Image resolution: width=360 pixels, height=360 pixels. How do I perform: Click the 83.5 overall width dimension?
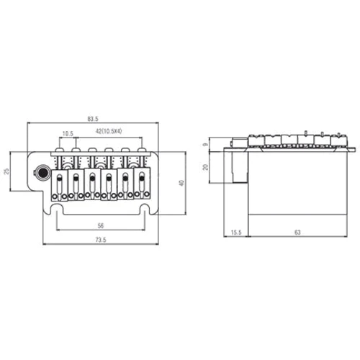point(93,119)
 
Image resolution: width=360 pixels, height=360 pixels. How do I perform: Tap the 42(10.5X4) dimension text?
point(109,131)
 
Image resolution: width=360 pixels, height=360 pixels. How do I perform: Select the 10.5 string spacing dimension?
point(68,134)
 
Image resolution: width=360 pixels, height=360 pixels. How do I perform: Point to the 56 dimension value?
point(101,225)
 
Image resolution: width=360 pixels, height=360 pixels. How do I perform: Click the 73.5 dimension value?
point(101,240)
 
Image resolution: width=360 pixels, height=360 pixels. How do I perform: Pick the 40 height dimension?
point(181,183)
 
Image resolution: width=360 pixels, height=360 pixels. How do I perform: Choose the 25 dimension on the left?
point(6,171)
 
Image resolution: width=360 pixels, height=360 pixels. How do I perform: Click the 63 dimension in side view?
point(297,233)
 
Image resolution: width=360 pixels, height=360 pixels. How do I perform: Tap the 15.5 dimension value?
point(236,233)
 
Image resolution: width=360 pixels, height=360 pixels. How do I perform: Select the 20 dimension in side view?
point(205,167)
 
